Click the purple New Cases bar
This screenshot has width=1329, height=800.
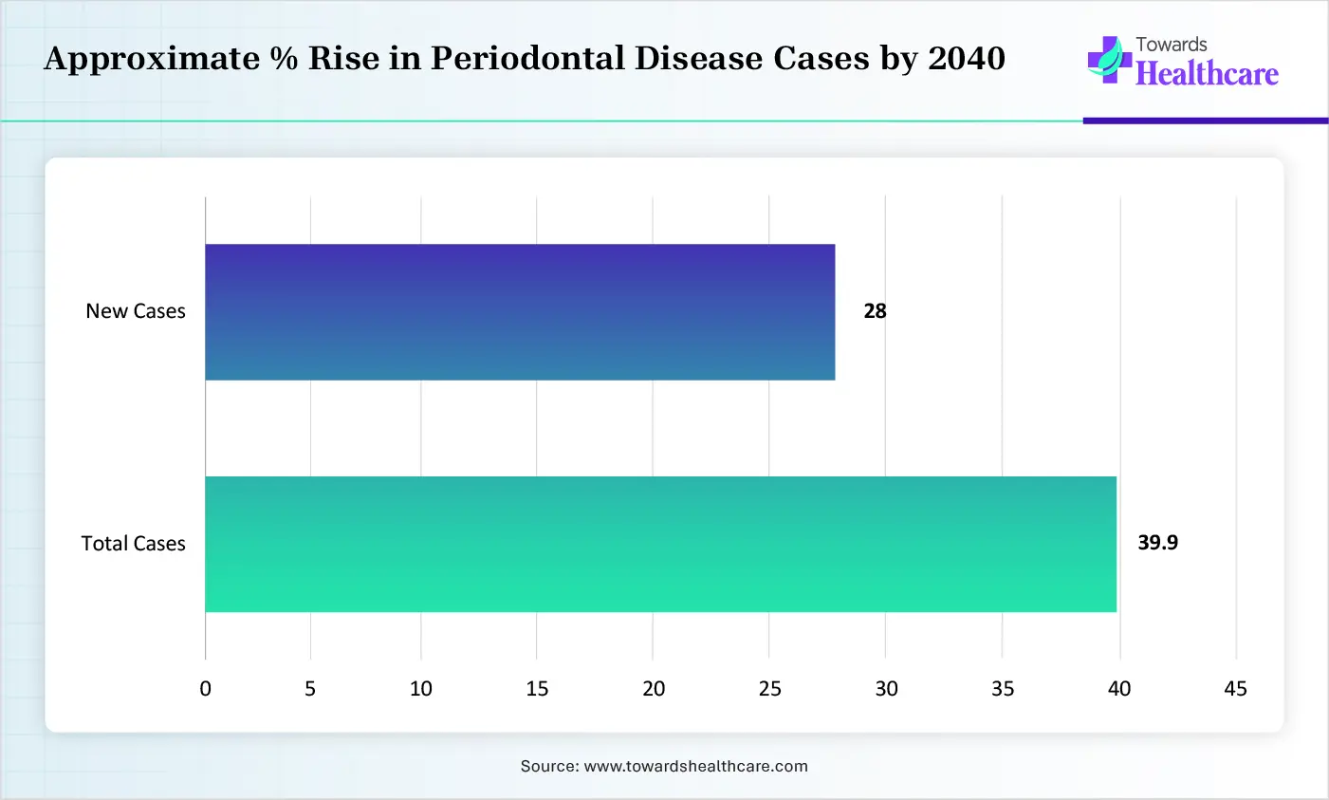point(520,312)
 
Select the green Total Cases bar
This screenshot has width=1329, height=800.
point(660,544)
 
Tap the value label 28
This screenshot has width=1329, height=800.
point(875,311)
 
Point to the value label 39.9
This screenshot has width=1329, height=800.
point(1157,543)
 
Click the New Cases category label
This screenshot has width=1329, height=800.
point(136,311)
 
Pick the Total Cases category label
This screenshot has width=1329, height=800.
point(133,544)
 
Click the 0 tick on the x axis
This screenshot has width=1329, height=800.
point(205,688)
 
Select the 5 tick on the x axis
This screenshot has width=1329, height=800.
point(309,688)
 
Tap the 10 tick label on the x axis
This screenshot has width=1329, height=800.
point(420,688)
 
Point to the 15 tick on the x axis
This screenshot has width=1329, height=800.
point(537,688)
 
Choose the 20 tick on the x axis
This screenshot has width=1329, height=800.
point(654,688)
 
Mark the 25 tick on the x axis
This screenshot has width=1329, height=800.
point(769,688)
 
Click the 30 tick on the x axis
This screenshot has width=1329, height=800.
point(886,688)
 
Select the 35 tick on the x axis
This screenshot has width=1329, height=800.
point(1002,688)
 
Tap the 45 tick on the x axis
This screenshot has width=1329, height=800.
point(1235,688)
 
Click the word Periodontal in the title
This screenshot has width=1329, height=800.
point(527,58)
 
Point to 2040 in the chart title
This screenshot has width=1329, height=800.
point(967,58)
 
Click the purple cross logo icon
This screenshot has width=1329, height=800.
point(1109,60)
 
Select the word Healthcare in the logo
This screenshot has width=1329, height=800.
point(1207,74)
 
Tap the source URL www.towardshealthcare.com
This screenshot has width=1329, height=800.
point(696,766)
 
